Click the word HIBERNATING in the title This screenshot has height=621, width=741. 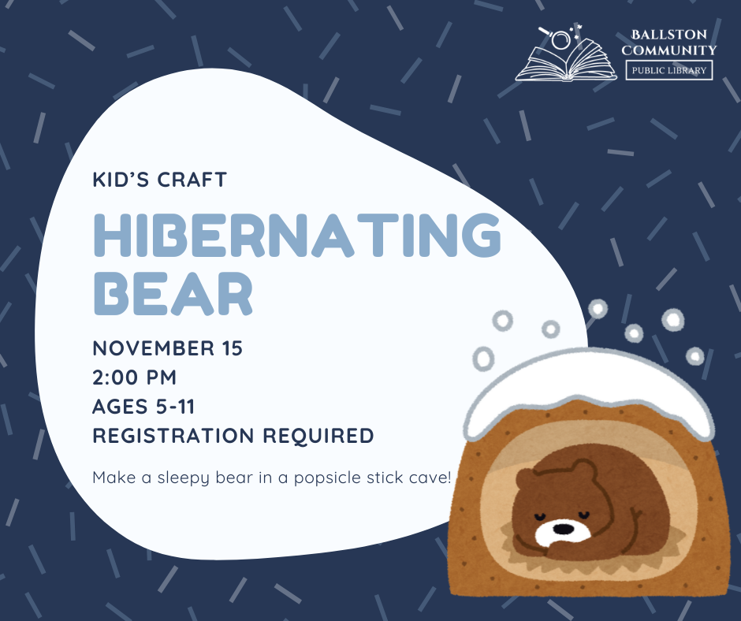297,235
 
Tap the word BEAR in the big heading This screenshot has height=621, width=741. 173,293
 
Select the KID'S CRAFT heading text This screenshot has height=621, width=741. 160,180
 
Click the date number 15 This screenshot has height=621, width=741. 232,348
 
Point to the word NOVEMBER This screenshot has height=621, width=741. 154,348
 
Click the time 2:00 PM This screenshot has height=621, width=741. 134,377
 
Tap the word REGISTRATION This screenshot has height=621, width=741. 173,436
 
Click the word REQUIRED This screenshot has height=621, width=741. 318,436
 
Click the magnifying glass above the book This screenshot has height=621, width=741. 556,37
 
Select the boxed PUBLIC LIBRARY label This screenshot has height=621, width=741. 669,70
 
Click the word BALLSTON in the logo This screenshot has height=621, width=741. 669,35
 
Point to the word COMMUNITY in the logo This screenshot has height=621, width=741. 669,50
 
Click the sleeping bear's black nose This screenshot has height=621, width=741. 563,528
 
